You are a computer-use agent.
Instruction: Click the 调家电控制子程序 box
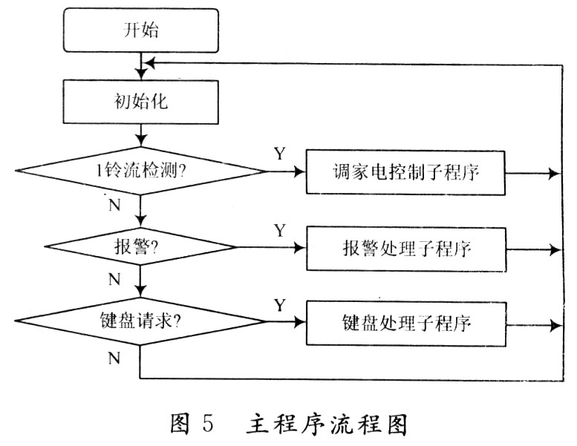point(405,172)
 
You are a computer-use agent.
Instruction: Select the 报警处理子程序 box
point(406,249)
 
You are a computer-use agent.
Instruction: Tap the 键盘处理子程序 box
point(406,324)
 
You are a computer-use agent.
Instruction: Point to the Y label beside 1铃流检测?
point(280,154)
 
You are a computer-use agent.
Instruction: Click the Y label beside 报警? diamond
point(280,231)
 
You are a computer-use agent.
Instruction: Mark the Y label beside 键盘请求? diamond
point(280,305)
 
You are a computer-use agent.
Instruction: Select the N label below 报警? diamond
point(114,280)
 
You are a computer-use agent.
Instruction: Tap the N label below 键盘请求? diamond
point(114,358)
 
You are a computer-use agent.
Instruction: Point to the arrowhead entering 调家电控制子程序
point(300,172)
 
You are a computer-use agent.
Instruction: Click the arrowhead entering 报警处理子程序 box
point(300,249)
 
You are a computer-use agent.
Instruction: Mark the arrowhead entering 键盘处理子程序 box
point(300,324)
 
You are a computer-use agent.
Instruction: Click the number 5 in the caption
point(206,424)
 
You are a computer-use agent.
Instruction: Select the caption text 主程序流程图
point(327,424)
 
